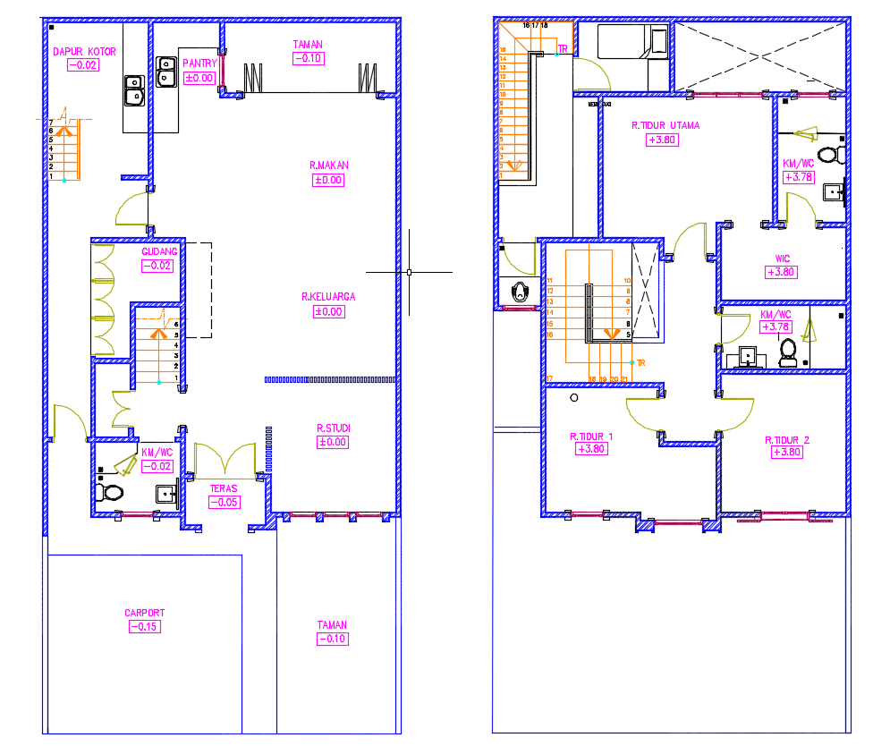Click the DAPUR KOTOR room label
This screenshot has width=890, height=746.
(x=84, y=52)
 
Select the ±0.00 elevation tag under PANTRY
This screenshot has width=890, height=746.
(x=199, y=78)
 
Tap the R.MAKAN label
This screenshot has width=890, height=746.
(x=328, y=165)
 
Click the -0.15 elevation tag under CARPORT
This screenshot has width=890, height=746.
(x=144, y=626)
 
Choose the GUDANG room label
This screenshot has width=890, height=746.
(x=159, y=252)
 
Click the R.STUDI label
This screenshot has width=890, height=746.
(x=332, y=428)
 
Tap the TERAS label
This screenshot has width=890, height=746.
(x=223, y=488)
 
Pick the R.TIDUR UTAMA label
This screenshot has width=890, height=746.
(x=665, y=126)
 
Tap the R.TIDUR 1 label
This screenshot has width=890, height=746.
(x=591, y=437)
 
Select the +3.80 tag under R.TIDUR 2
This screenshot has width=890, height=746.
(x=786, y=453)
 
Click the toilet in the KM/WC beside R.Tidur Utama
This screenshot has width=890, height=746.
(x=827, y=156)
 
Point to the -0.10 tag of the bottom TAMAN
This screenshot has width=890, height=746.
(x=332, y=639)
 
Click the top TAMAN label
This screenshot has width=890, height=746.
(x=308, y=44)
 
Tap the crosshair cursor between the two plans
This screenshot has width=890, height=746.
(x=409, y=271)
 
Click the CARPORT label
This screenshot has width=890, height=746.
(x=144, y=613)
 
